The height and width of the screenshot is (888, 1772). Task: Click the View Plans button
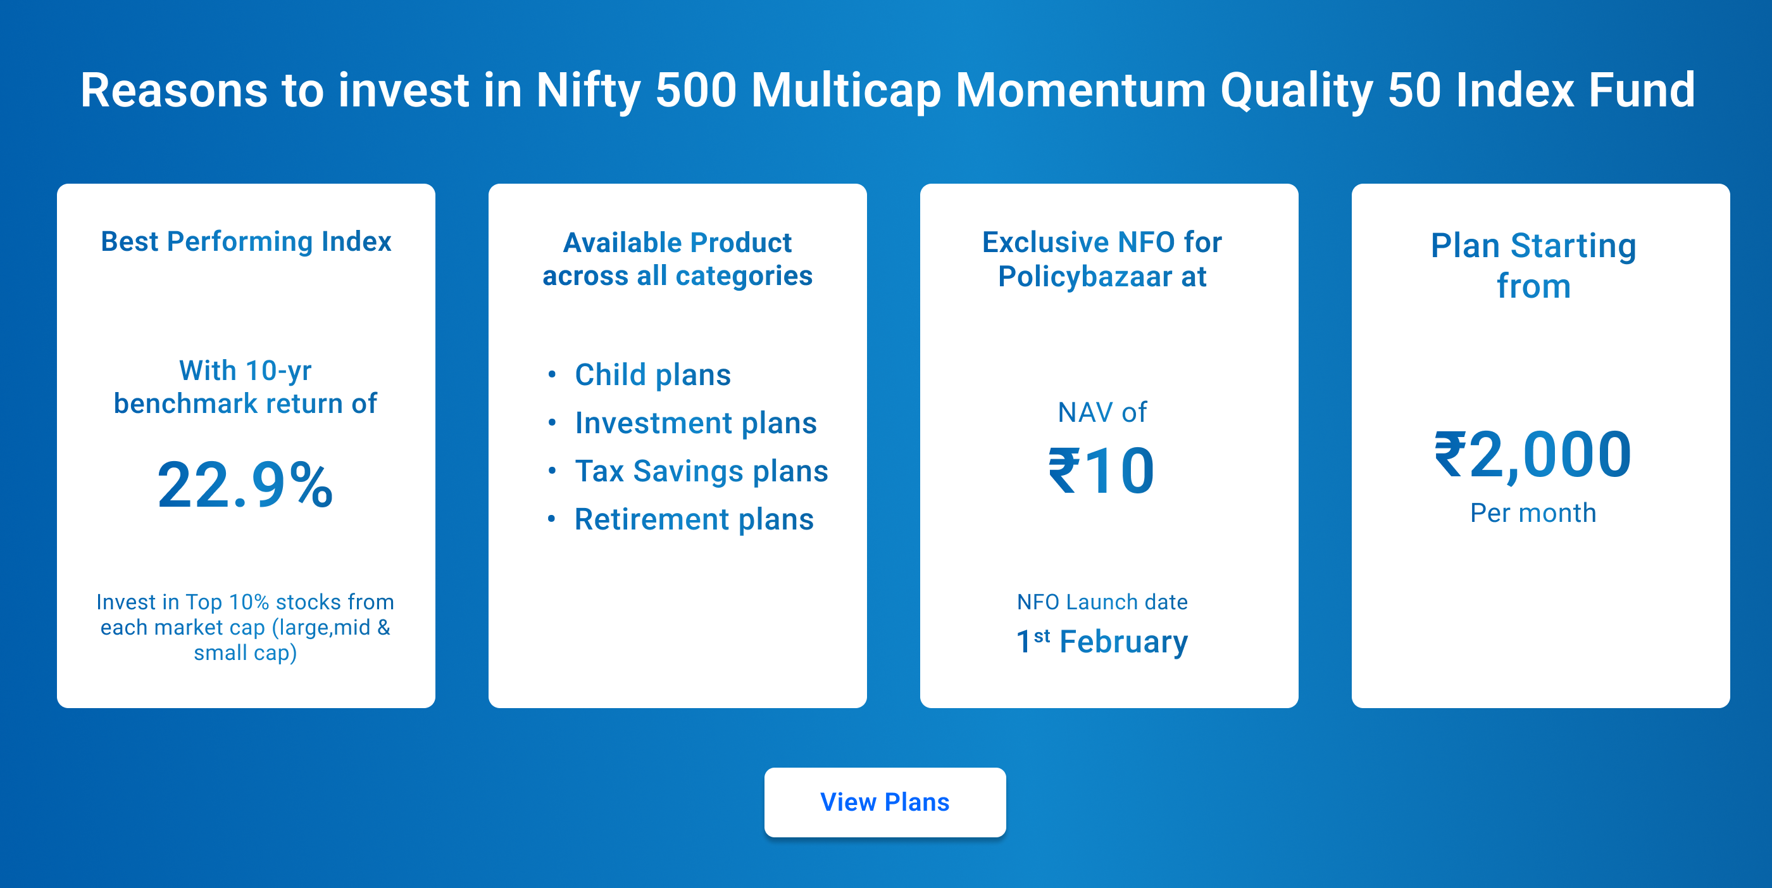[x=885, y=802]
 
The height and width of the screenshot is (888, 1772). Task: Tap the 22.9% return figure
[x=246, y=485]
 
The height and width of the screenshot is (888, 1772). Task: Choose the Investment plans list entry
[x=696, y=422]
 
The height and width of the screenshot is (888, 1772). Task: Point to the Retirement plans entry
[x=694, y=519]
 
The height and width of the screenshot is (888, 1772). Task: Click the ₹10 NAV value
[x=1101, y=471]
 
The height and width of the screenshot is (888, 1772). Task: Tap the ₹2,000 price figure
[x=1533, y=455]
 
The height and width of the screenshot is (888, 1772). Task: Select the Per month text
[x=1533, y=513]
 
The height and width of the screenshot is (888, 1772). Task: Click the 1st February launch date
[x=1102, y=642]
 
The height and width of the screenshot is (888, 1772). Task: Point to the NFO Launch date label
[x=1102, y=602]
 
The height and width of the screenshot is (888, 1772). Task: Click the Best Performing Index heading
[x=246, y=241]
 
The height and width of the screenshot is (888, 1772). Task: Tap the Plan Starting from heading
[x=1533, y=266]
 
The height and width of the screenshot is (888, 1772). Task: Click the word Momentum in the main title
[x=1081, y=90]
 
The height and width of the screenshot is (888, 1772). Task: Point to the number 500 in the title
[x=696, y=90]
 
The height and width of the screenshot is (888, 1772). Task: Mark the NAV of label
[x=1102, y=412]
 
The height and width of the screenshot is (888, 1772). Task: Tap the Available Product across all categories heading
[x=678, y=259]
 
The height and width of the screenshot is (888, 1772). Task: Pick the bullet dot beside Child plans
[x=552, y=374]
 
